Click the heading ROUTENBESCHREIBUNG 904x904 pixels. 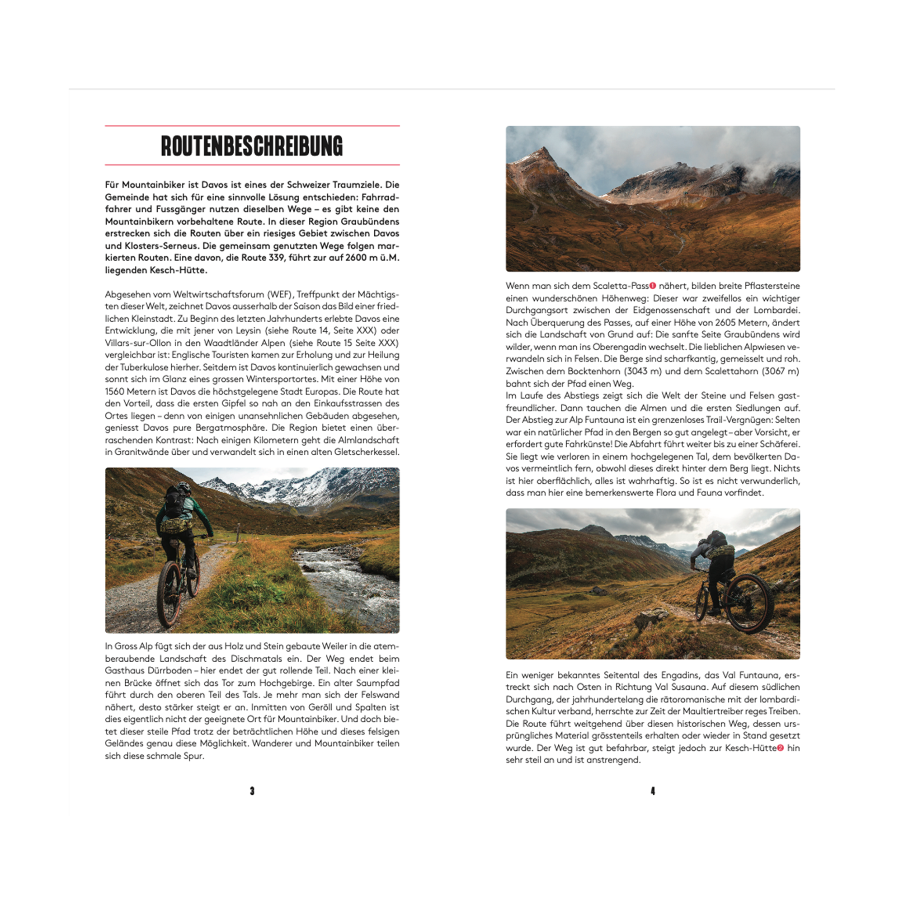point(252,146)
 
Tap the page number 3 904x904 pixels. point(252,791)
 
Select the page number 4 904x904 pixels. point(653,791)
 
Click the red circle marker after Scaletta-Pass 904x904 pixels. point(653,285)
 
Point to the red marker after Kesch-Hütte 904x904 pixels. point(780,748)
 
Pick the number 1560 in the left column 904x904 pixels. point(115,391)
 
